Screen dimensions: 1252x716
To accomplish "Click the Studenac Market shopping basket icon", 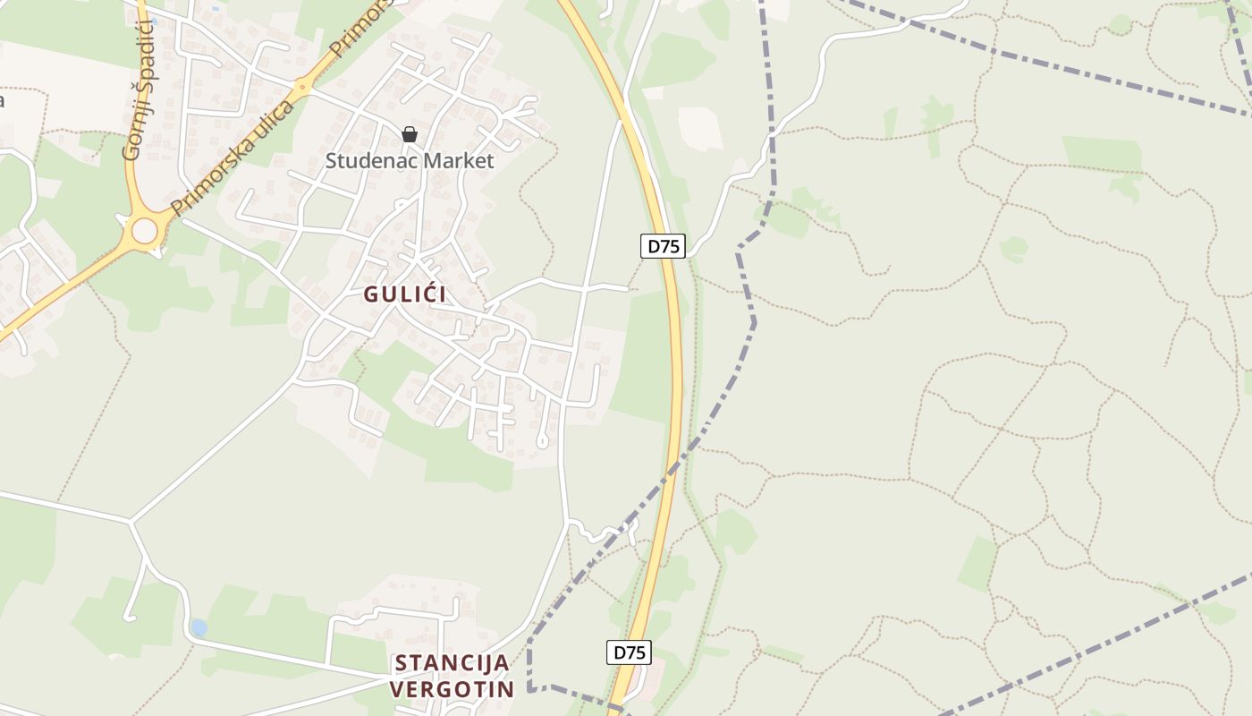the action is [410, 135].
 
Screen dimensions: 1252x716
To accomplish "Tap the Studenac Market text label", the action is [410, 161].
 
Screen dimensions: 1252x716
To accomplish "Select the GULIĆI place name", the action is [405, 294].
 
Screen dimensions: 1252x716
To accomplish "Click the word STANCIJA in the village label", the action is [453, 663].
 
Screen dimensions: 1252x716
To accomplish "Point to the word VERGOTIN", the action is [453, 689].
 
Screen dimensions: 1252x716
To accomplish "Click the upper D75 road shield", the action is [663, 246].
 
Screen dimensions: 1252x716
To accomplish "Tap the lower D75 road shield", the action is [629, 652].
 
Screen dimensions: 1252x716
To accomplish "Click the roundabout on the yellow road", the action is [144, 232].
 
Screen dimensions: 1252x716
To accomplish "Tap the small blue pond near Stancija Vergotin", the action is [199, 628].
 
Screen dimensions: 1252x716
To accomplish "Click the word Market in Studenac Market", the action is [461, 161].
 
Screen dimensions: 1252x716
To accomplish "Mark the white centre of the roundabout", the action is [144, 232].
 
